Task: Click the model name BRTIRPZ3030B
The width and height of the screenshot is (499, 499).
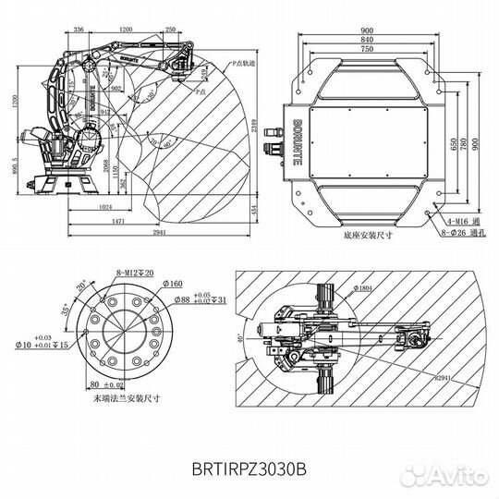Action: pyautogui.click(x=249, y=469)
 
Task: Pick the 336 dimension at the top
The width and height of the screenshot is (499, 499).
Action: pyautogui.click(x=78, y=29)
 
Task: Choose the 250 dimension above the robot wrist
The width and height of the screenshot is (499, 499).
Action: pyautogui.click(x=170, y=29)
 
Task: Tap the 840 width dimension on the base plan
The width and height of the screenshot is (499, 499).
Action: pyautogui.click(x=369, y=42)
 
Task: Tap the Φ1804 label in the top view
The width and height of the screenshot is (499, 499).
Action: pyautogui.click(x=338, y=289)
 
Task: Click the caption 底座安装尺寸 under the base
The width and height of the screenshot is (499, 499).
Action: pyautogui.click(x=367, y=236)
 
